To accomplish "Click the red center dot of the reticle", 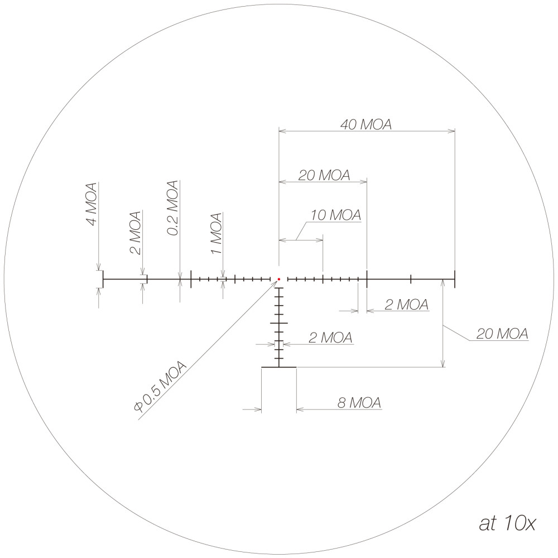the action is (x=279, y=280).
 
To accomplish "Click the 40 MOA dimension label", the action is (x=366, y=124).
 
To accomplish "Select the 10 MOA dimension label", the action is (x=336, y=215).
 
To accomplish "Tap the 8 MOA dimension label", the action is (x=359, y=402).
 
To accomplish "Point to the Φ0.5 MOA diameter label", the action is (x=160, y=387).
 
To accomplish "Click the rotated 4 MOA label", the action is (x=91, y=204).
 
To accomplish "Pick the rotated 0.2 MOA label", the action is (x=172, y=208).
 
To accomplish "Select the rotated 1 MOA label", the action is (x=217, y=233).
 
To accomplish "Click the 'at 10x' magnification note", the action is (x=507, y=523).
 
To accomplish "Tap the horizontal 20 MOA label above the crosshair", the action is (x=324, y=175).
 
